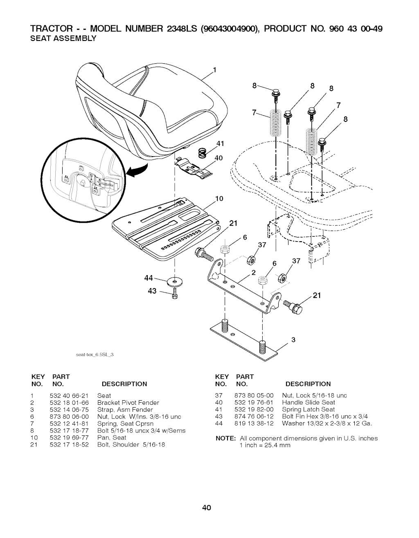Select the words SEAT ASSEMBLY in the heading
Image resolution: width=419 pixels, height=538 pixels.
63,38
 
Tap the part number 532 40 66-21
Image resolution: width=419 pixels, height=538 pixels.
69,396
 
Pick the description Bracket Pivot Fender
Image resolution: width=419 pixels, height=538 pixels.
128,403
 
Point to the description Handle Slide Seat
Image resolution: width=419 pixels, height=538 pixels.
308,403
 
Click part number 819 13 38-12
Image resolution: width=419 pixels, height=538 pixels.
254,424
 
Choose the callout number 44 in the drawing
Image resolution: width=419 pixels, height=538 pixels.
149,278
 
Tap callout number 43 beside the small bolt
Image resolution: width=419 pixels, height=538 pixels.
152,291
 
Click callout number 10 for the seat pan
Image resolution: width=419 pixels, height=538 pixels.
219,199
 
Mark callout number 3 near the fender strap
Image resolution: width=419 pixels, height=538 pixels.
293,340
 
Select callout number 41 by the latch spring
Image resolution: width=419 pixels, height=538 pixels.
220,143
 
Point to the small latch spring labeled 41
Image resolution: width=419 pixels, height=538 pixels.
203,152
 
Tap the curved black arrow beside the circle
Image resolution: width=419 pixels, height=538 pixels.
137,171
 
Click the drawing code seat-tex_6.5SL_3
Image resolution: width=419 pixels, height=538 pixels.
95,354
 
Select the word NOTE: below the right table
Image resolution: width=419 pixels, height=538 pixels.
225,439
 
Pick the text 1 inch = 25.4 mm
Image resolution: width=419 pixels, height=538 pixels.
265,446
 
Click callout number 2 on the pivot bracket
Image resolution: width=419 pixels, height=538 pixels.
253,273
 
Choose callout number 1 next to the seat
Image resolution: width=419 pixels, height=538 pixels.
214,70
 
